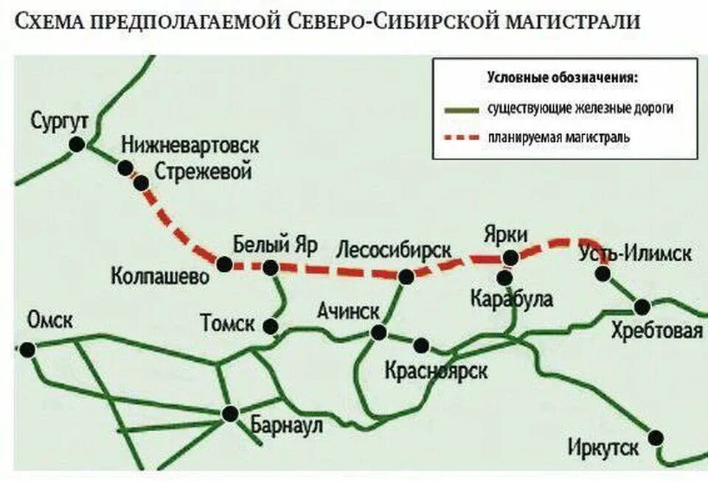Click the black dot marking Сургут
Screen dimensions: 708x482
[76, 144]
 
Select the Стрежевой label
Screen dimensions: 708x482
[204, 172]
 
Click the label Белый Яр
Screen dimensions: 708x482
[268, 244]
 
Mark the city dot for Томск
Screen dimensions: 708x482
[272, 326]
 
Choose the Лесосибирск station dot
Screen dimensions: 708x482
[405, 277]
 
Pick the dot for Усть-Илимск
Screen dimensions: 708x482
[603, 274]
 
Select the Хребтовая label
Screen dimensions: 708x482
[657, 331]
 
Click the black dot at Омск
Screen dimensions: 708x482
[28, 349]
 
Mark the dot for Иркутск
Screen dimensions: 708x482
[655, 438]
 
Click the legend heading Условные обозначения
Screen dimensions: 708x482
[563, 77]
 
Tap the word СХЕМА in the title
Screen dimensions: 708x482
[49, 21]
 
